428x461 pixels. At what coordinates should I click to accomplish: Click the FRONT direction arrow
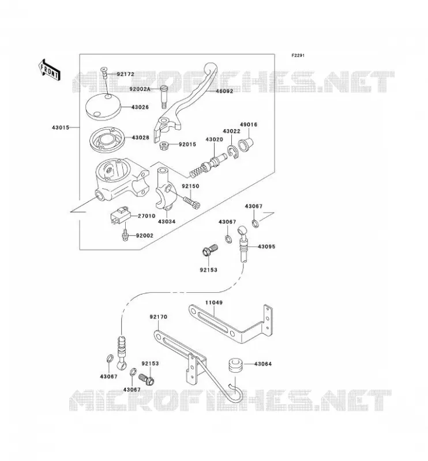coord(50,70)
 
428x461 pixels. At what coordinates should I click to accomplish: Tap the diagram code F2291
coord(298,55)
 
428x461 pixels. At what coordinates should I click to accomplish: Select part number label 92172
coord(125,74)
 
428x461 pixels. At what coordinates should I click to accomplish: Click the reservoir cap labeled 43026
coord(103,107)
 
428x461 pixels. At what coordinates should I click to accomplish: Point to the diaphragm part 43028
coord(107,140)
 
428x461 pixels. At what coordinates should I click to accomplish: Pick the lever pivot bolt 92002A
coord(164,97)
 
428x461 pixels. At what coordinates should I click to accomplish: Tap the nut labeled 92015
coord(164,145)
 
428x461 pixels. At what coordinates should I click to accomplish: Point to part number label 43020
coord(214,139)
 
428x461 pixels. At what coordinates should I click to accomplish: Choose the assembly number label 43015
coord(61,127)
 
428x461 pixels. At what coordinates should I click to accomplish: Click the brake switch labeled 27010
coord(121,216)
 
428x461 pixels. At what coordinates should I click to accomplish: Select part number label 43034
coord(167,221)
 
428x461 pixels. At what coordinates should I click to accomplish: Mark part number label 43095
coord(266,247)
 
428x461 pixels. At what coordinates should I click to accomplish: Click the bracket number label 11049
coord(214,303)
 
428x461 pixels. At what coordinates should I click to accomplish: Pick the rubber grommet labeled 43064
coord(235,365)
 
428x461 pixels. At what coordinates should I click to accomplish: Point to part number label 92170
coord(159,316)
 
